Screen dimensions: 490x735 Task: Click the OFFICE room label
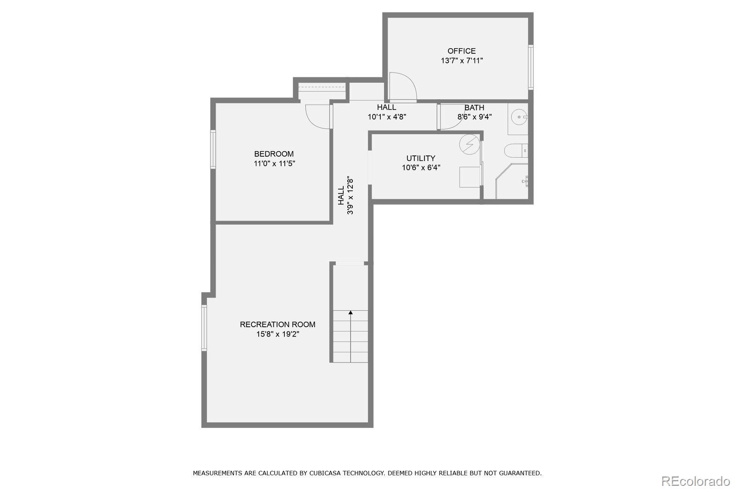tap(461, 51)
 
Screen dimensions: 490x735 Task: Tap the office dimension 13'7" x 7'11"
tap(462, 61)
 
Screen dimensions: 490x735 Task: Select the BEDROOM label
tap(274, 154)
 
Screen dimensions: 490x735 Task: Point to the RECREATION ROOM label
tap(277, 325)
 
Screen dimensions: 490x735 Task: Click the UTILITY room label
tap(421, 158)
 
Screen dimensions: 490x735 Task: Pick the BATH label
tap(474, 108)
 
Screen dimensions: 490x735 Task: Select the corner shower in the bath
tap(513, 182)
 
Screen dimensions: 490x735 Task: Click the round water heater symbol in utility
tap(469, 144)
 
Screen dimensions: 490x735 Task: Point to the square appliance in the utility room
tap(469, 177)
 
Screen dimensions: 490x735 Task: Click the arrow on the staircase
tap(351, 313)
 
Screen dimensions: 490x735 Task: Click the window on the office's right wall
tap(531, 67)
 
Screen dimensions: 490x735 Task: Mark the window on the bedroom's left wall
tap(213, 149)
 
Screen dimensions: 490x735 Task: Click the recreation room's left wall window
tap(204, 328)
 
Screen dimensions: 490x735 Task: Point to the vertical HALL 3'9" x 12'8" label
tap(345, 195)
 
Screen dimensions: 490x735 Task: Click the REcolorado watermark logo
tap(695, 481)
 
